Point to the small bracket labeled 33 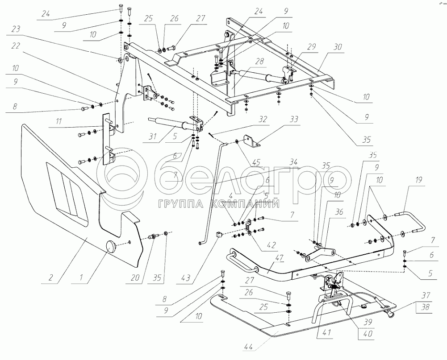tap(252, 142)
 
